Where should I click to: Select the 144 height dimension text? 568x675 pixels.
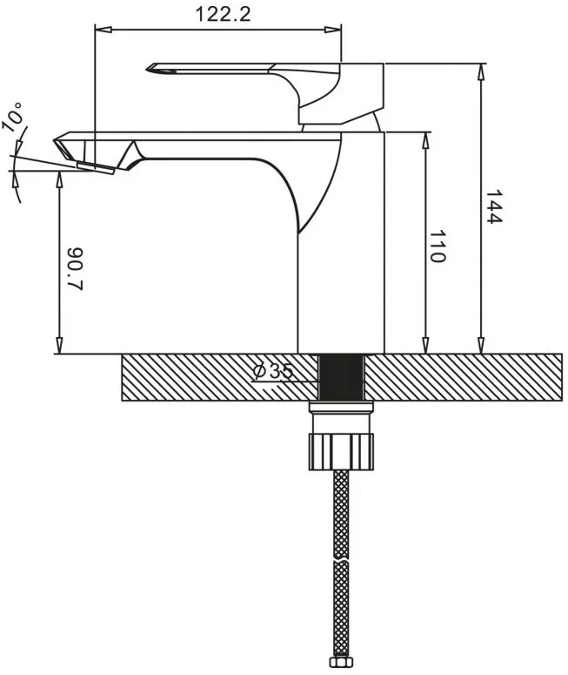click(x=495, y=207)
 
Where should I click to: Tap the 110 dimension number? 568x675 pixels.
click(x=438, y=247)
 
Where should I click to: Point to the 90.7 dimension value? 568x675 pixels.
click(x=75, y=270)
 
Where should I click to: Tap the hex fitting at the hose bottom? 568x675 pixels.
click(x=342, y=664)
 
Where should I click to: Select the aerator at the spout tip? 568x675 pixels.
click(x=96, y=168)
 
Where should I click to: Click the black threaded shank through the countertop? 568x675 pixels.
click(x=342, y=377)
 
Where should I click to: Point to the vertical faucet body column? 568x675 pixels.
click(x=342, y=261)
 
